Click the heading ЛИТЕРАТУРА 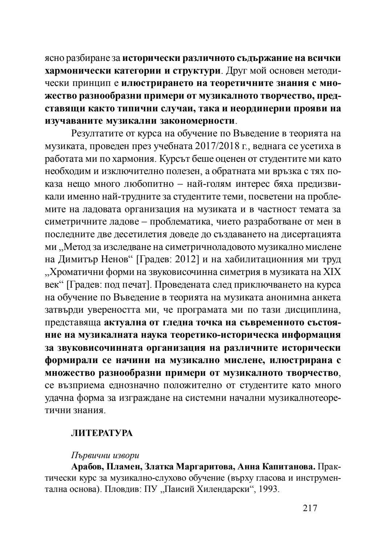(x=102, y=433)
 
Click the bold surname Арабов (x=87, y=466)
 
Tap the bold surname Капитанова (x=289, y=466)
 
